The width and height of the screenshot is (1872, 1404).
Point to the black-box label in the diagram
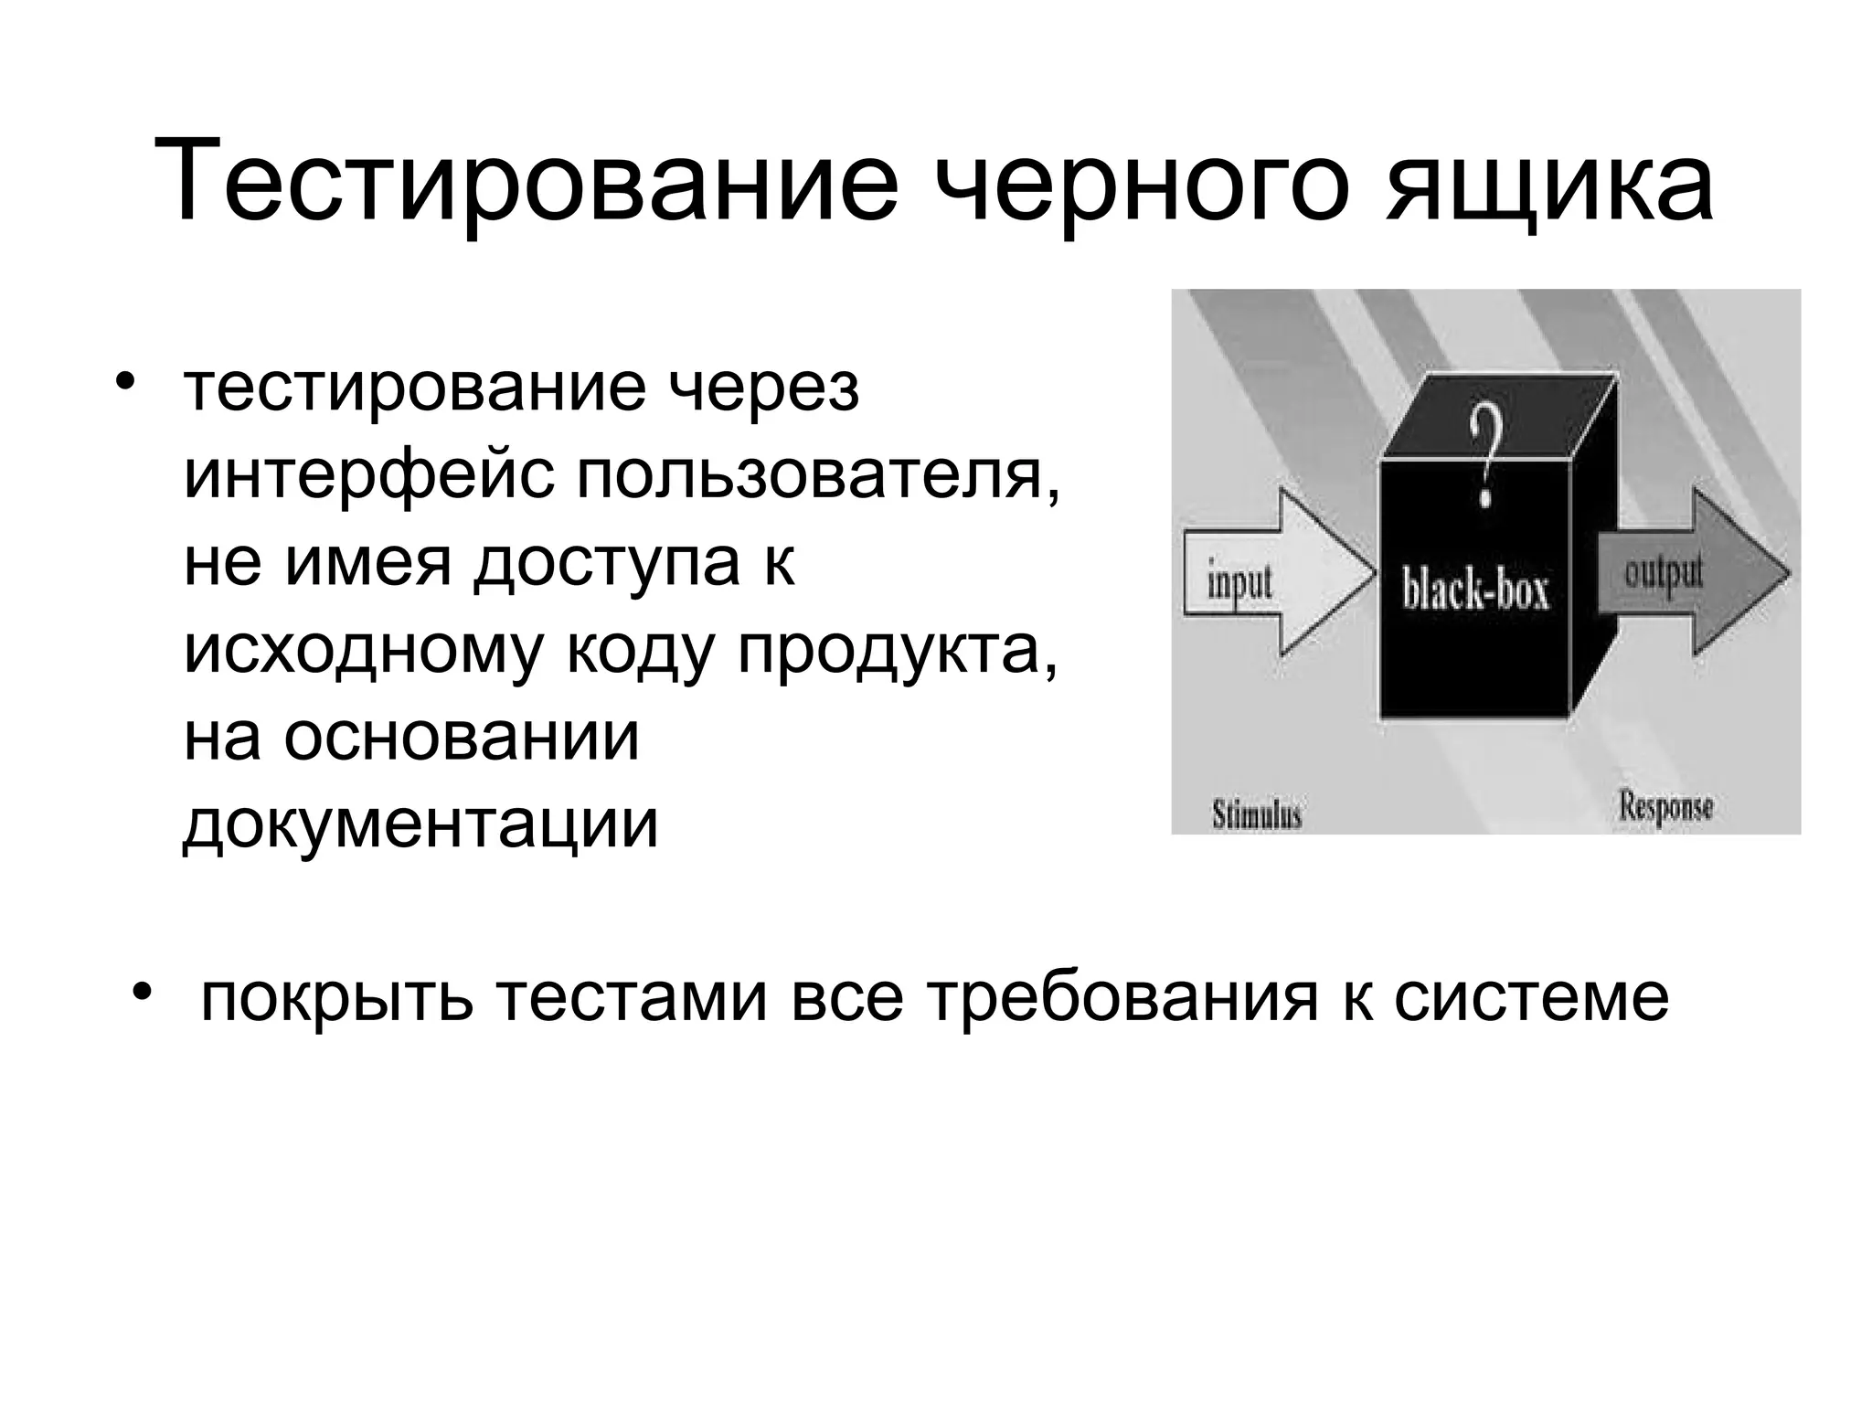tap(1476, 590)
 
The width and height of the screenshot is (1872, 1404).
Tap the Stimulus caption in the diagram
tap(1256, 813)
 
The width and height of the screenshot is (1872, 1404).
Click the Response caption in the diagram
tap(1665, 805)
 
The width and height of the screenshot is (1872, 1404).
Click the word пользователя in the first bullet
tap(818, 476)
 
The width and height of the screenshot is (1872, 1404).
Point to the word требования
tap(1122, 998)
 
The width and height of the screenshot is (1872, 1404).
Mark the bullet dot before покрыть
tap(139, 991)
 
